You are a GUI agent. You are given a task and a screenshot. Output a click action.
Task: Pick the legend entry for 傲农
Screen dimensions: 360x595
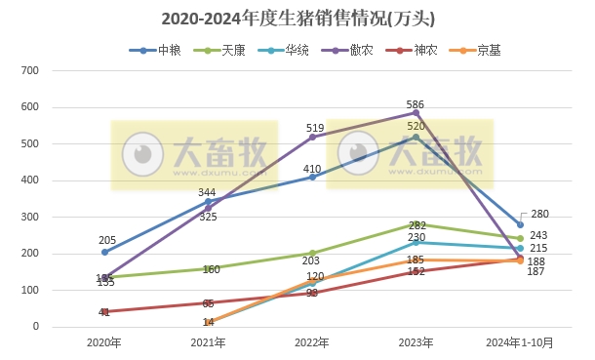coord(347,50)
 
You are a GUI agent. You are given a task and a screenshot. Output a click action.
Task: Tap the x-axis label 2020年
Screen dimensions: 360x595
coord(104,342)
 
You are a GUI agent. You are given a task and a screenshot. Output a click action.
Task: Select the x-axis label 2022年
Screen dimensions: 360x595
coord(312,342)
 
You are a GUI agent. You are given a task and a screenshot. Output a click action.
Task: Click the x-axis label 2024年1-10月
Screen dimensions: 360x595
coord(520,342)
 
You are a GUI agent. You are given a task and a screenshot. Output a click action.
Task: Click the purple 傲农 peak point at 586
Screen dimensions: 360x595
coord(416,112)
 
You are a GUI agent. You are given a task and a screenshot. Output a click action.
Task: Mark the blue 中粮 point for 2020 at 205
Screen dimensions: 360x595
coord(104,252)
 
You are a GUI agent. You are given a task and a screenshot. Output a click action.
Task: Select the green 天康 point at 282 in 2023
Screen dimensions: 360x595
coord(416,223)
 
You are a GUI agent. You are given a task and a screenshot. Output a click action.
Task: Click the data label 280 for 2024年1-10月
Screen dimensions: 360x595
coord(540,214)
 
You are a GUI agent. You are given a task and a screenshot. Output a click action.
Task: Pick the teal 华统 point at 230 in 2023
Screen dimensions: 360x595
coord(416,243)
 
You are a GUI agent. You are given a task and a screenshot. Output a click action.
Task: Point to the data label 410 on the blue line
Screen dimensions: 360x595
coord(311,169)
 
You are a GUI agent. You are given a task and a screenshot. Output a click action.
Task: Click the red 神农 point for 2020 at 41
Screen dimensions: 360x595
coord(104,312)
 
